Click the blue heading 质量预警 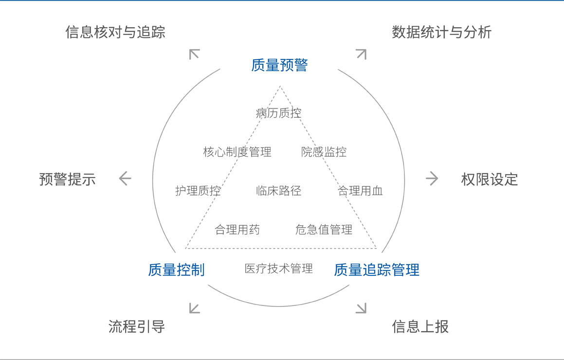[279, 65]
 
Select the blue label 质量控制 [176, 270]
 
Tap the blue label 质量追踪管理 [377, 270]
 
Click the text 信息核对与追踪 [115, 32]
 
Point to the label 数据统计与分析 [442, 32]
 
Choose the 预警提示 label [67, 179]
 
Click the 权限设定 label [490, 179]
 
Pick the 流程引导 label [137, 326]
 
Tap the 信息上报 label [420, 326]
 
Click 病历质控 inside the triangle [279, 113]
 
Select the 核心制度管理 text [237, 152]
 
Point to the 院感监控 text [324, 152]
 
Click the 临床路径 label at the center [279, 191]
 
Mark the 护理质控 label [198, 191]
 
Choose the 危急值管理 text [324, 230]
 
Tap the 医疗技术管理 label [279, 268]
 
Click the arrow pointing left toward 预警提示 [125, 179]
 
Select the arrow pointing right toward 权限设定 [432, 179]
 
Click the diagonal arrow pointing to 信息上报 [361, 308]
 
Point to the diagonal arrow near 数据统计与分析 [361, 54]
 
